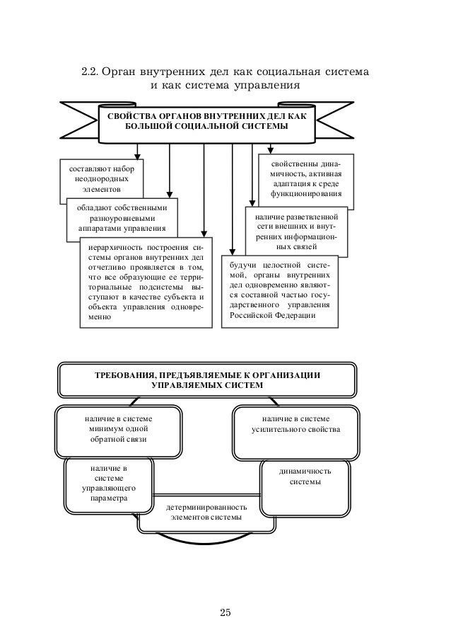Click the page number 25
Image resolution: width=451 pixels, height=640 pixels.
[225, 612]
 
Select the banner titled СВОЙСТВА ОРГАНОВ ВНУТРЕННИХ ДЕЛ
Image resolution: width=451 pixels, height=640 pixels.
[206, 120]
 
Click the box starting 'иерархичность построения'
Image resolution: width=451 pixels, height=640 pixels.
[146, 282]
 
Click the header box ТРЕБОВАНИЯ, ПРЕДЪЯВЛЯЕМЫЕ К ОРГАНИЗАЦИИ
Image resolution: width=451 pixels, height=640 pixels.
[207, 379]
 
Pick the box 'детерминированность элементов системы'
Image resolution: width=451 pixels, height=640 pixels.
[206, 513]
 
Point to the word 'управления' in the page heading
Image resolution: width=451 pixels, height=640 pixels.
[268, 87]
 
